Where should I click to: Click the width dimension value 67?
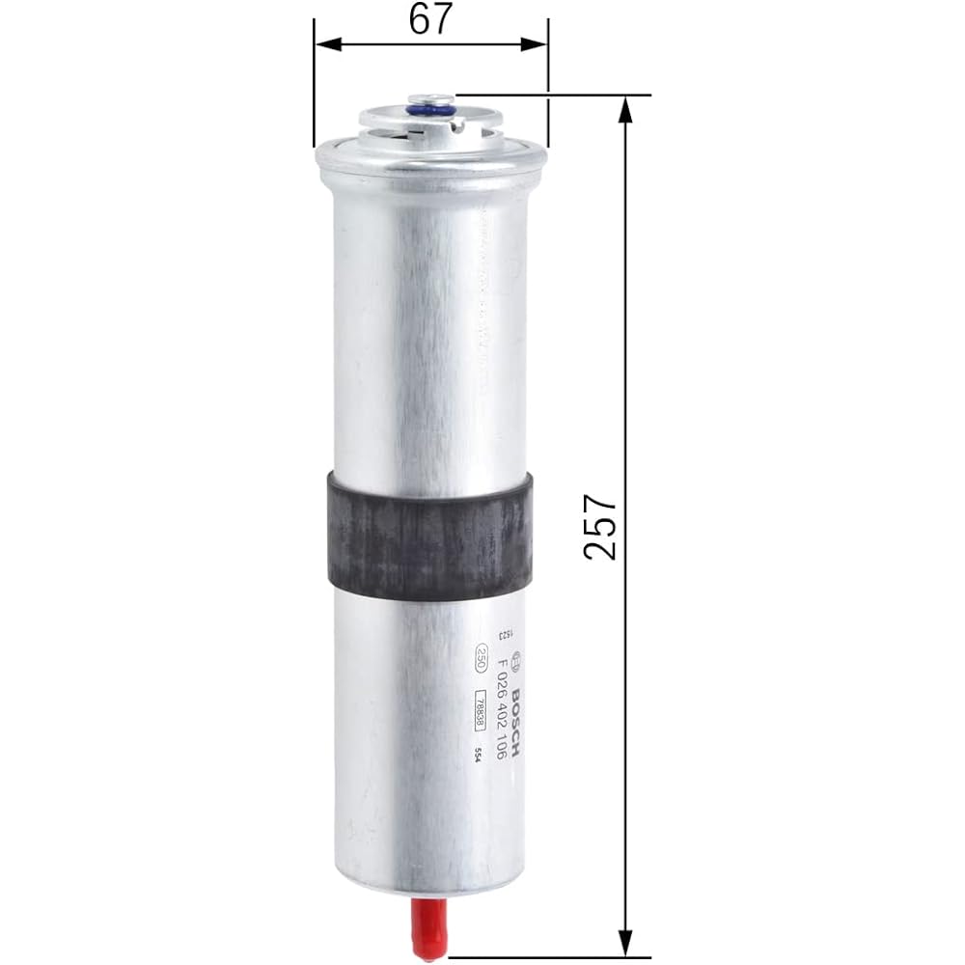(x=430, y=19)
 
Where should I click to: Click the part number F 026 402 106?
(x=499, y=708)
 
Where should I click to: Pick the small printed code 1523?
(x=503, y=634)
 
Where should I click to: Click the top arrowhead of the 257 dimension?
(x=625, y=108)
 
